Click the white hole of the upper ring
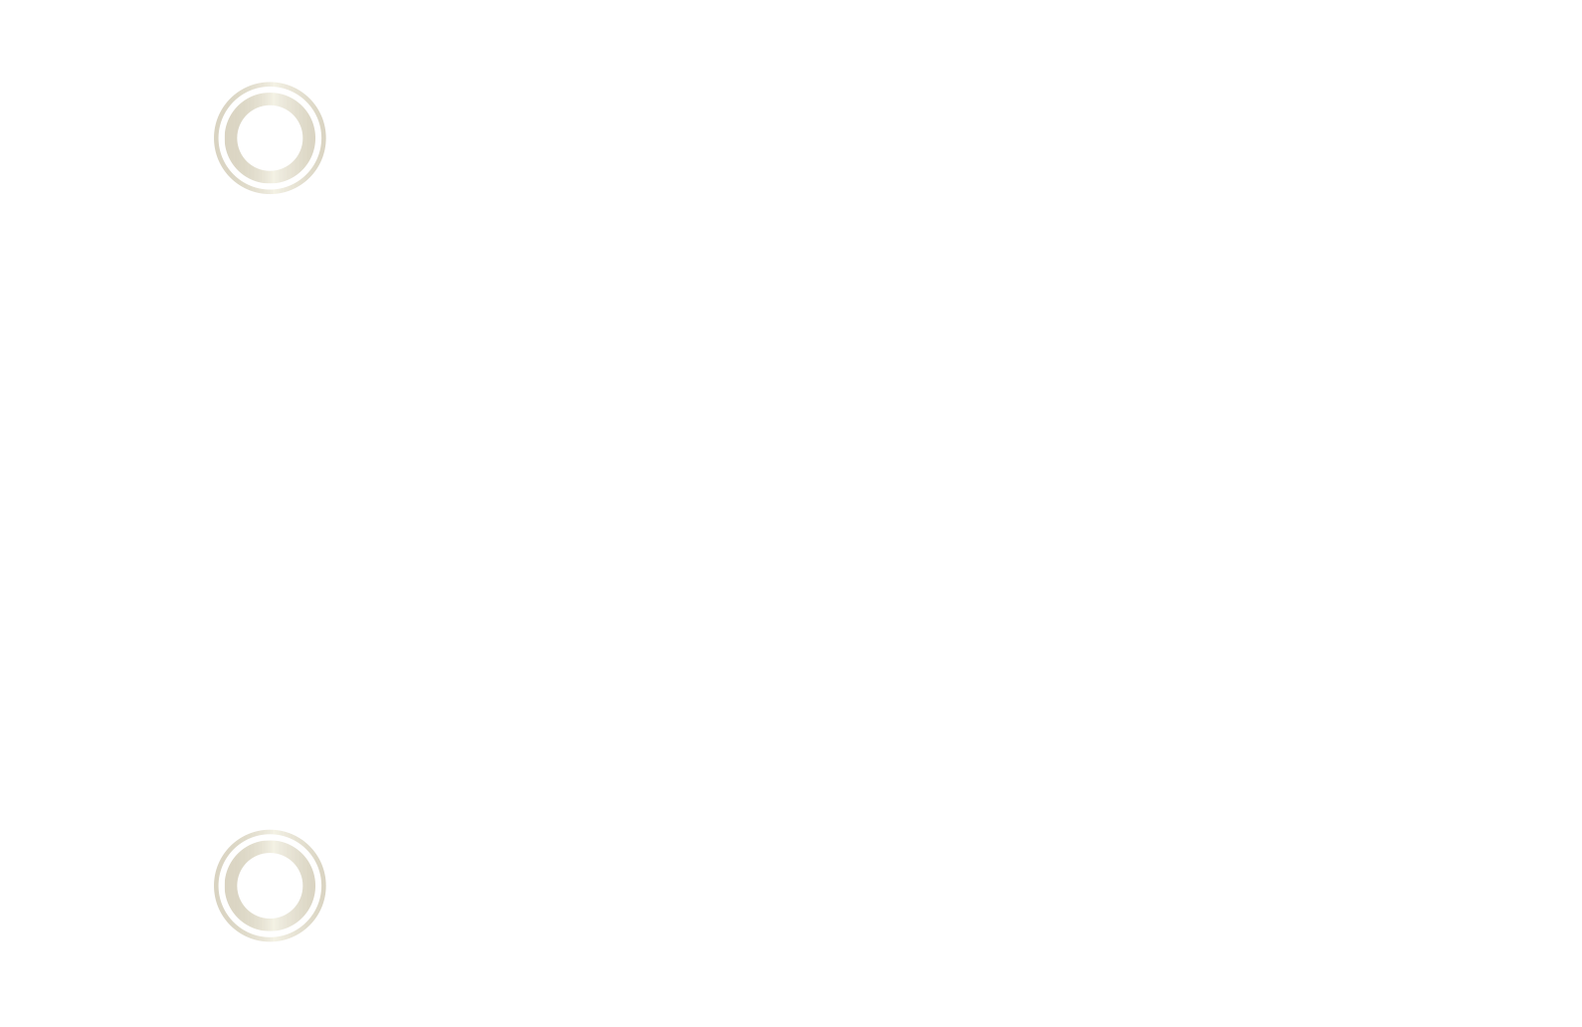click(270, 138)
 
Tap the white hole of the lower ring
click(270, 886)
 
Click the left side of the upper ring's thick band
click(230, 138)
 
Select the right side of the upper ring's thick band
click(309, 138)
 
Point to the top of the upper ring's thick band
click(270, 99)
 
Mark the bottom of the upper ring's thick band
click(270, 178)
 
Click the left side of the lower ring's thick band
click(230, 886)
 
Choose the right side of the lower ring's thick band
click(309, 886)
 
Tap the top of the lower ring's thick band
click(270, 846)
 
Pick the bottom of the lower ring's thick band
click(270, 925)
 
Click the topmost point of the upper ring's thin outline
click(270, 84)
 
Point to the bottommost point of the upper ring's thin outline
click(270, 193)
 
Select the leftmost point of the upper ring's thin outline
click(215, 138)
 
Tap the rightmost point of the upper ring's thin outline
click(324, 138)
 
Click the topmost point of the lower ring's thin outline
click(270, 831)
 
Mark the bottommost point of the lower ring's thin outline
click(270, 940)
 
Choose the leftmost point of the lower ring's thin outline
click(215, 886)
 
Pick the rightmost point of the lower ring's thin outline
click(324, 886)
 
